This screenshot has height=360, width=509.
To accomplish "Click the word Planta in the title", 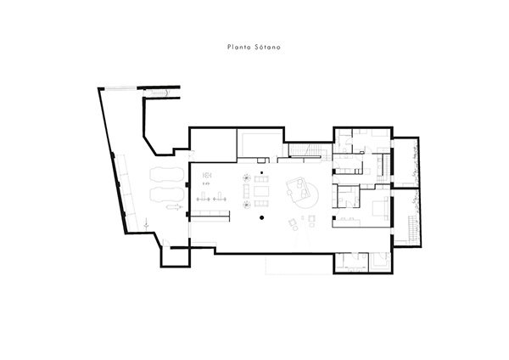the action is pos(238,47).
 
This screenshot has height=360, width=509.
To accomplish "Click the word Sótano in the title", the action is pos(268,47).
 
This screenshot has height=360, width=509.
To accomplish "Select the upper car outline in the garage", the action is pos(167,176).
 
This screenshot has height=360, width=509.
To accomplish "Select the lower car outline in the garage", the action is pos(167,194).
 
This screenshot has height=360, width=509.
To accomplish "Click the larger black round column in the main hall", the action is pos(261,217).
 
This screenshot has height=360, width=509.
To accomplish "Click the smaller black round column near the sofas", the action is pos(261,172).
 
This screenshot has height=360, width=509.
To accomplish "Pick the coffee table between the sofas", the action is pos(261,191).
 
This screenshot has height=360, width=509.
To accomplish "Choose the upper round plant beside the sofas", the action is pos(246,177).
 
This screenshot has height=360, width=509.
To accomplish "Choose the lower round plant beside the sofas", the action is pos(246,205).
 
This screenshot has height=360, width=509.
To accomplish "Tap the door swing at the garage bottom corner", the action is pos(165,242).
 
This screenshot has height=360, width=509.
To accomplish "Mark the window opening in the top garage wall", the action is pos(120,87).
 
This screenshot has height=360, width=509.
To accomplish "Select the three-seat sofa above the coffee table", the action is pos(261,178).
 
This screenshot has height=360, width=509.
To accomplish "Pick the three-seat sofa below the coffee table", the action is pos(261,204).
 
